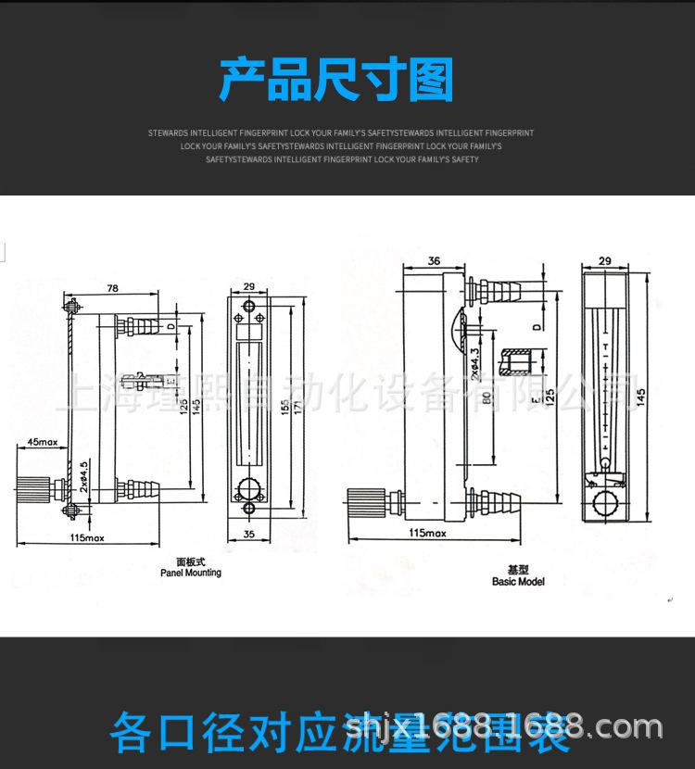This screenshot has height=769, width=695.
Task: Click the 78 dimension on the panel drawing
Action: [112, 289]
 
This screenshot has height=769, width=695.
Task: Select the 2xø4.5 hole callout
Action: [83, 475]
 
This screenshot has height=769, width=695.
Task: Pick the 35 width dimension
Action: [247, 535]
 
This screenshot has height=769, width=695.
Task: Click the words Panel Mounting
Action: [190, 573]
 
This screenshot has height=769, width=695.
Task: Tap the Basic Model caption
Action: [518, 582]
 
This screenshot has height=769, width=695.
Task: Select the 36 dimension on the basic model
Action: [435, 262]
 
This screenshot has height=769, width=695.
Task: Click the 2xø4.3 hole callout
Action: [474, 363]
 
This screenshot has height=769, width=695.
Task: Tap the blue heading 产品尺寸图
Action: [336, 80]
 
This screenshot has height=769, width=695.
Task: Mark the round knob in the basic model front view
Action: [605, 505]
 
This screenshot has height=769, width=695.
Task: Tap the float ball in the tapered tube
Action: [603, 460]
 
